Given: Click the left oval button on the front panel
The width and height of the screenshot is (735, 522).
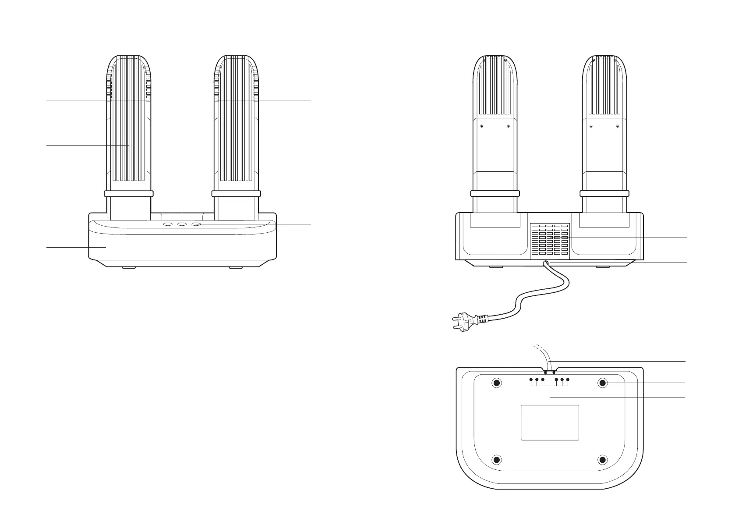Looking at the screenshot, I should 168,224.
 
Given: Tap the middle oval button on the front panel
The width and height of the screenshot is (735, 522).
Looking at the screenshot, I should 182,224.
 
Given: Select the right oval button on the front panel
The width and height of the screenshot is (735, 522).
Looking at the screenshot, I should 197,224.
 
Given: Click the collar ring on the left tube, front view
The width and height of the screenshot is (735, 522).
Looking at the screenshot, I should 128,193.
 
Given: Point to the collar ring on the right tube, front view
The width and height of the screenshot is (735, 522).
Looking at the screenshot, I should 237,193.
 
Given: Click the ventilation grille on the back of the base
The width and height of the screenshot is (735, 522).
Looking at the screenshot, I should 549,240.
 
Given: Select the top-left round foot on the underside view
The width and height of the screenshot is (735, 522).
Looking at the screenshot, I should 497,383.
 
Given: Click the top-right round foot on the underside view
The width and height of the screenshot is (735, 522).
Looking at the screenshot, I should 603,383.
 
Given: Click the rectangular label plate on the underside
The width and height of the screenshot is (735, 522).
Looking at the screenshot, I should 550,423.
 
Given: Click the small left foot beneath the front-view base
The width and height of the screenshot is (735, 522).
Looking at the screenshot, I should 128,267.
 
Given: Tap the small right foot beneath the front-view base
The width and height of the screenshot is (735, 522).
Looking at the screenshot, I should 236,267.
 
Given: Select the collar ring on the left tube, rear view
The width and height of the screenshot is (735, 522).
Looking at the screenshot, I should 495,193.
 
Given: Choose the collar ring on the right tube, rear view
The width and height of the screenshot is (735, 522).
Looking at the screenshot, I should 604,193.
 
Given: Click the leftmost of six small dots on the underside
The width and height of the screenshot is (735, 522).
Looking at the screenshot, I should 531,379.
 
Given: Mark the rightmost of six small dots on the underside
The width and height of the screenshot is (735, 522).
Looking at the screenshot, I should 568,379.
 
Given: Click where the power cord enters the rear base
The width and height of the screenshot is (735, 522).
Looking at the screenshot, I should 546,263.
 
